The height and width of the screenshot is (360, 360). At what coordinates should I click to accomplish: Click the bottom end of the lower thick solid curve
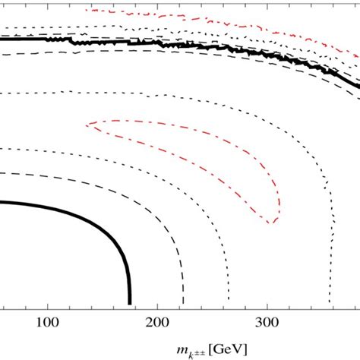click(131, 302)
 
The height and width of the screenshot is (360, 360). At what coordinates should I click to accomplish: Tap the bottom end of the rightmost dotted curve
click(330, 302)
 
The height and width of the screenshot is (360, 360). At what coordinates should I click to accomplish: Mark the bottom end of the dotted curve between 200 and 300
click(201, 302)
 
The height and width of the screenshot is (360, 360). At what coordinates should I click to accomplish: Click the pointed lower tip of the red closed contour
click(271, 223)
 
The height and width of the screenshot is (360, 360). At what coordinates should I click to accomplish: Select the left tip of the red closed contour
click(88, 124)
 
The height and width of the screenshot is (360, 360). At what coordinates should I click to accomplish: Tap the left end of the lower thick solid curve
click(2, 202)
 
